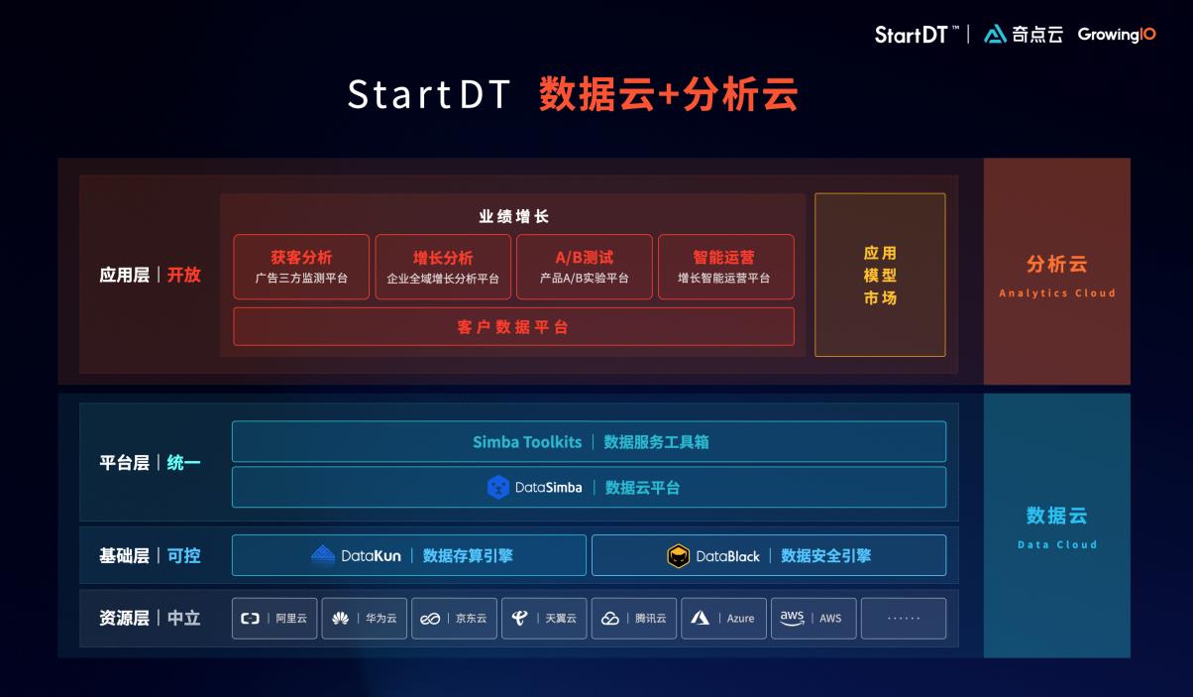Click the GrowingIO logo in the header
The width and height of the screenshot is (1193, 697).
1117,35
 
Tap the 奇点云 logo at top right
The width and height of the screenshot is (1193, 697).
1024,35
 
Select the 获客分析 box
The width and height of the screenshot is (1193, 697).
301,267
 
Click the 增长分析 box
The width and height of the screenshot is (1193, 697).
443,267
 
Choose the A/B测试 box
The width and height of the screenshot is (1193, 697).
585,267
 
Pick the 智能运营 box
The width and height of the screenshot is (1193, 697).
726,267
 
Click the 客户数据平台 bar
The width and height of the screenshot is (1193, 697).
513,326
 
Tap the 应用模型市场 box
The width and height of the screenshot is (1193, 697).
880,275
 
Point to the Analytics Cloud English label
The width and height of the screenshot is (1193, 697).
1056,293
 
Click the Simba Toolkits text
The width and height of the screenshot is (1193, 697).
527,442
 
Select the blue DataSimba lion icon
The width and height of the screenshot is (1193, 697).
498,487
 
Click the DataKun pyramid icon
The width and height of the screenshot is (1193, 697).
323,555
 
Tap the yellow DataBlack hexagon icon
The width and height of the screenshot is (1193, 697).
678,556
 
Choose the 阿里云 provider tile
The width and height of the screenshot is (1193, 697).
274,618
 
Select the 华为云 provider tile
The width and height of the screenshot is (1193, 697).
365,618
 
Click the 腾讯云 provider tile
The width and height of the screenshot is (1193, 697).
634,618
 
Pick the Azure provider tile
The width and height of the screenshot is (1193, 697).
723,618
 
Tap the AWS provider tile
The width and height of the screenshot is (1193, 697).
813,618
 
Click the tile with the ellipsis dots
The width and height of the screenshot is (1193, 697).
904,618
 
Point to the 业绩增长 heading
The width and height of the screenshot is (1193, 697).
513,216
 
